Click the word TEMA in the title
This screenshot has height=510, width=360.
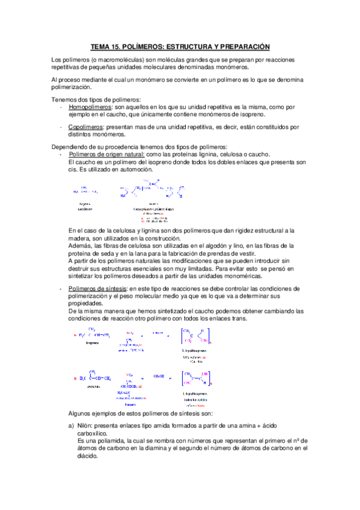100,46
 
